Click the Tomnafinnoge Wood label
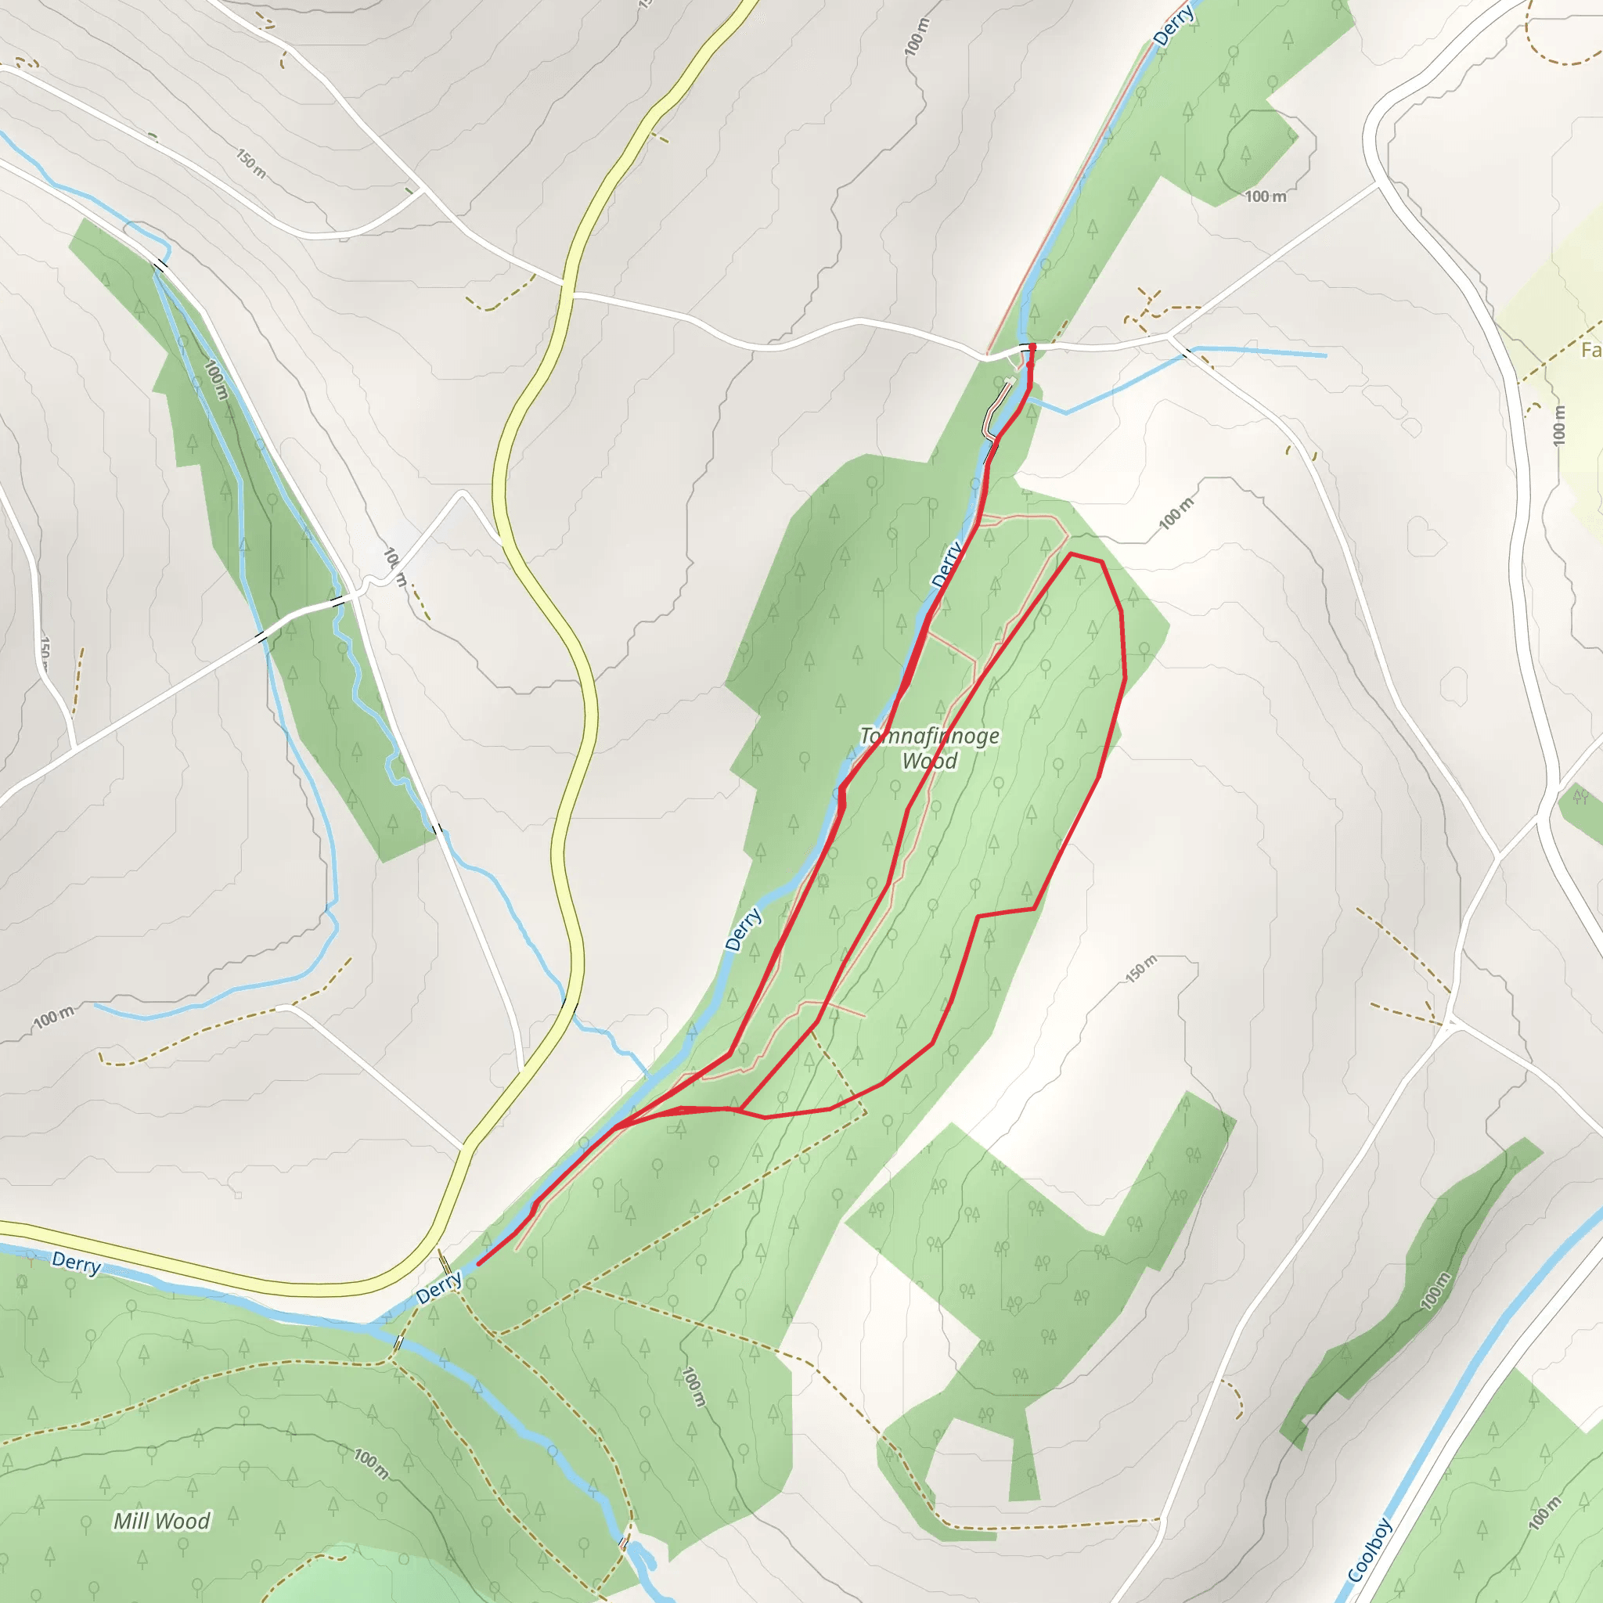929,748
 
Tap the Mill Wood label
162,1521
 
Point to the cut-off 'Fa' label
1590,350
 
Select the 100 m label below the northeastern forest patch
1266,196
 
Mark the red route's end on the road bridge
1032,346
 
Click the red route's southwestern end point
478,1265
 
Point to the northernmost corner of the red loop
1072,553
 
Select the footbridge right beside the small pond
623,1544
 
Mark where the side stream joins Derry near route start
1028,399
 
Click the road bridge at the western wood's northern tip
160,265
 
